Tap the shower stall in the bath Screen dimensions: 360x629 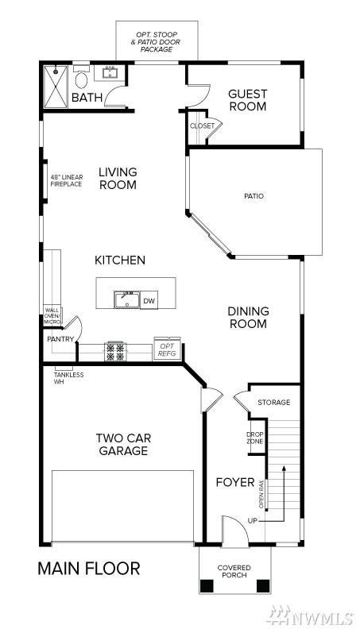[56, 87]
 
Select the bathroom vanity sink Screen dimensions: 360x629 [109, 72]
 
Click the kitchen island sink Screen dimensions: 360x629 [127, 300]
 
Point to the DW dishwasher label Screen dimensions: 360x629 [149, 301]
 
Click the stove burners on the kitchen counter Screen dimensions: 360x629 [115, 352]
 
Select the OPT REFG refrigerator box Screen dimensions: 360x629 [167, 349]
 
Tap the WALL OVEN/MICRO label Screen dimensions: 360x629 [52, 316]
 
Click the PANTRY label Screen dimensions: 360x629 [60, 339]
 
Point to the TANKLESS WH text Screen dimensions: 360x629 [68, 378]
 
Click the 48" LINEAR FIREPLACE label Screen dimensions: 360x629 [67, 180]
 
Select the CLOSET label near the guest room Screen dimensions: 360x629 [203, 126]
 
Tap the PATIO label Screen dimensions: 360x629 [254, 196]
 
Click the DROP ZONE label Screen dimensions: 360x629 [255, 438]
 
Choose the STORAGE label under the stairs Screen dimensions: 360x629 [273, 403]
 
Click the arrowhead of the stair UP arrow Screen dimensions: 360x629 [285, 468]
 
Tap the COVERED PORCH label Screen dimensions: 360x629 [234, 571]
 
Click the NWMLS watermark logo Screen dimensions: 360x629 [311, 615]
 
